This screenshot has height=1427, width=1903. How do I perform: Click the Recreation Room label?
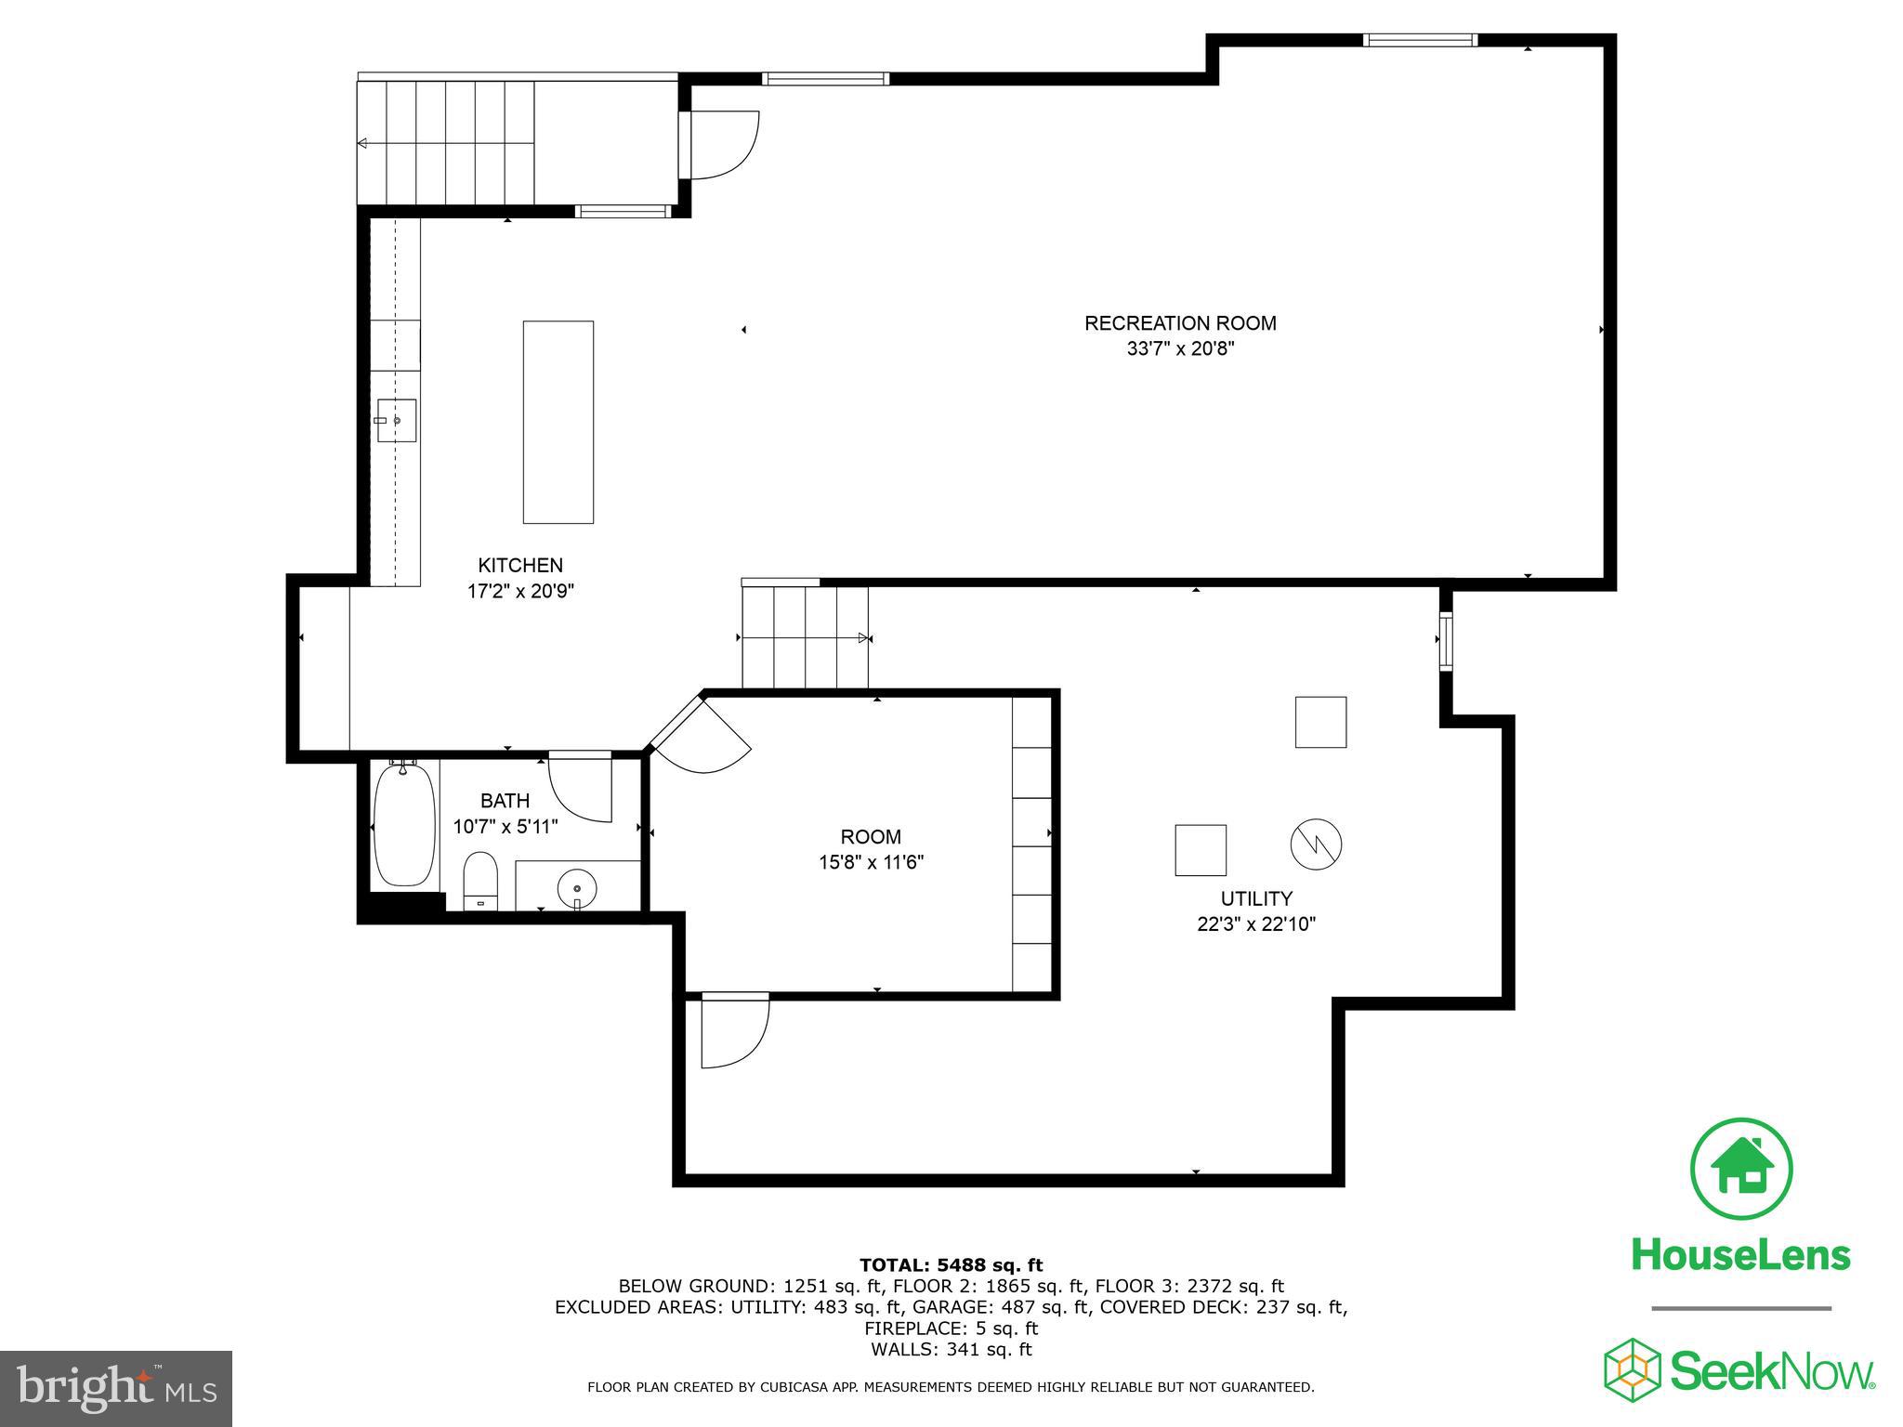coord(1180,323)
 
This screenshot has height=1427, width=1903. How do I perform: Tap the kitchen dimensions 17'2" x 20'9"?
coord(520,591)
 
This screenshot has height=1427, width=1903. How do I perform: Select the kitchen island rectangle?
coord(558,422)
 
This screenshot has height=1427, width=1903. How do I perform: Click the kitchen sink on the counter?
coord(397,421)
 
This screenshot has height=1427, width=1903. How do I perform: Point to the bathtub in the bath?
coord(404,825)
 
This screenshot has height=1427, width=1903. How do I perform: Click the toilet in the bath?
coord(481,879)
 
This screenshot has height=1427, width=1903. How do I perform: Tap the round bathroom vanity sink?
coord(577,886)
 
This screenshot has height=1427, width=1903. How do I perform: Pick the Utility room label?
coord(1256,898)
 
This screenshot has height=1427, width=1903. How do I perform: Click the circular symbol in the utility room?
coord(1316,844)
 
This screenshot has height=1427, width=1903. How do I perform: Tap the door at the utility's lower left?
coord(734,1031)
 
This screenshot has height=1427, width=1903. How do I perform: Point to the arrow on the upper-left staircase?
coord(362,143)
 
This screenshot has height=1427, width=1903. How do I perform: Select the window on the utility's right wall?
coord(1446,641)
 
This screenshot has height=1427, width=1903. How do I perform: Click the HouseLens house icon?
coord(1741,1170)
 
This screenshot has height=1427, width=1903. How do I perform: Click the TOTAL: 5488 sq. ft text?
coord(951,1264)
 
